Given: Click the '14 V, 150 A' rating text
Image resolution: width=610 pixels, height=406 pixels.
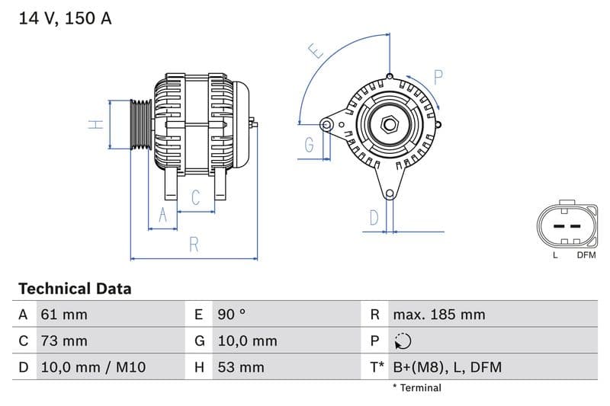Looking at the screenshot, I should (65, 18).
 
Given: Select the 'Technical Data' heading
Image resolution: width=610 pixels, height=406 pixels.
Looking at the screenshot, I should (75, 289).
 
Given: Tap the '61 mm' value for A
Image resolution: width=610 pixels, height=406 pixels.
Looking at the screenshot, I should (64, 315).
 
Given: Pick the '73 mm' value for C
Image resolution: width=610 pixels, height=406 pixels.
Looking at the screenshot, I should (64, 340).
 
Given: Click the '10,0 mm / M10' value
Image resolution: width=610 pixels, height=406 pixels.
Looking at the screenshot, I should (92, 367).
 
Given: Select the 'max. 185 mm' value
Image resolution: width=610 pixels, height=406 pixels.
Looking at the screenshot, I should (438, 315).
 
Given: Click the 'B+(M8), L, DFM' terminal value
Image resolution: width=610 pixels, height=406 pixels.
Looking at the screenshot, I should (447, 367).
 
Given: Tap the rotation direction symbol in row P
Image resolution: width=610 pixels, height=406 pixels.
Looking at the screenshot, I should (403, 341).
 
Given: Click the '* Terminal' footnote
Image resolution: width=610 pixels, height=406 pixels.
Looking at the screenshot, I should (416, 388).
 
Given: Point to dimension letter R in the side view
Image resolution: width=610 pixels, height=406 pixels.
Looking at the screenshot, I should (194, 245).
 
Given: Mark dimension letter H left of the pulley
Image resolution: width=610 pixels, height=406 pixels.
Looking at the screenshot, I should (95, 124).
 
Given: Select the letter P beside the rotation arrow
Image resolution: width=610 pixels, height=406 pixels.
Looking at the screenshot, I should (438, 77).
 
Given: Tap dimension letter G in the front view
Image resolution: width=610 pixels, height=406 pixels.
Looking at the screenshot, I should (309, 145).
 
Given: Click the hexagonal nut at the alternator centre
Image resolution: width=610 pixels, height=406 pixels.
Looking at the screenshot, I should (388, 123).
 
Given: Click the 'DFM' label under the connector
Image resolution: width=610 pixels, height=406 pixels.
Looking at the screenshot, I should (586, 255).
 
